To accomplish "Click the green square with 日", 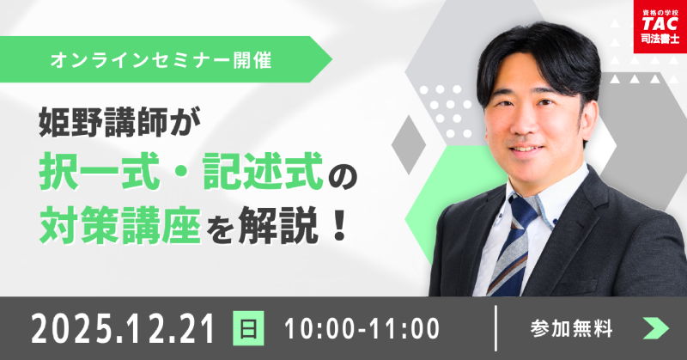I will pos(249,328).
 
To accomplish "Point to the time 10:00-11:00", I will pos(360,328).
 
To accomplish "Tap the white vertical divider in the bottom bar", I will pos(496,328).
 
